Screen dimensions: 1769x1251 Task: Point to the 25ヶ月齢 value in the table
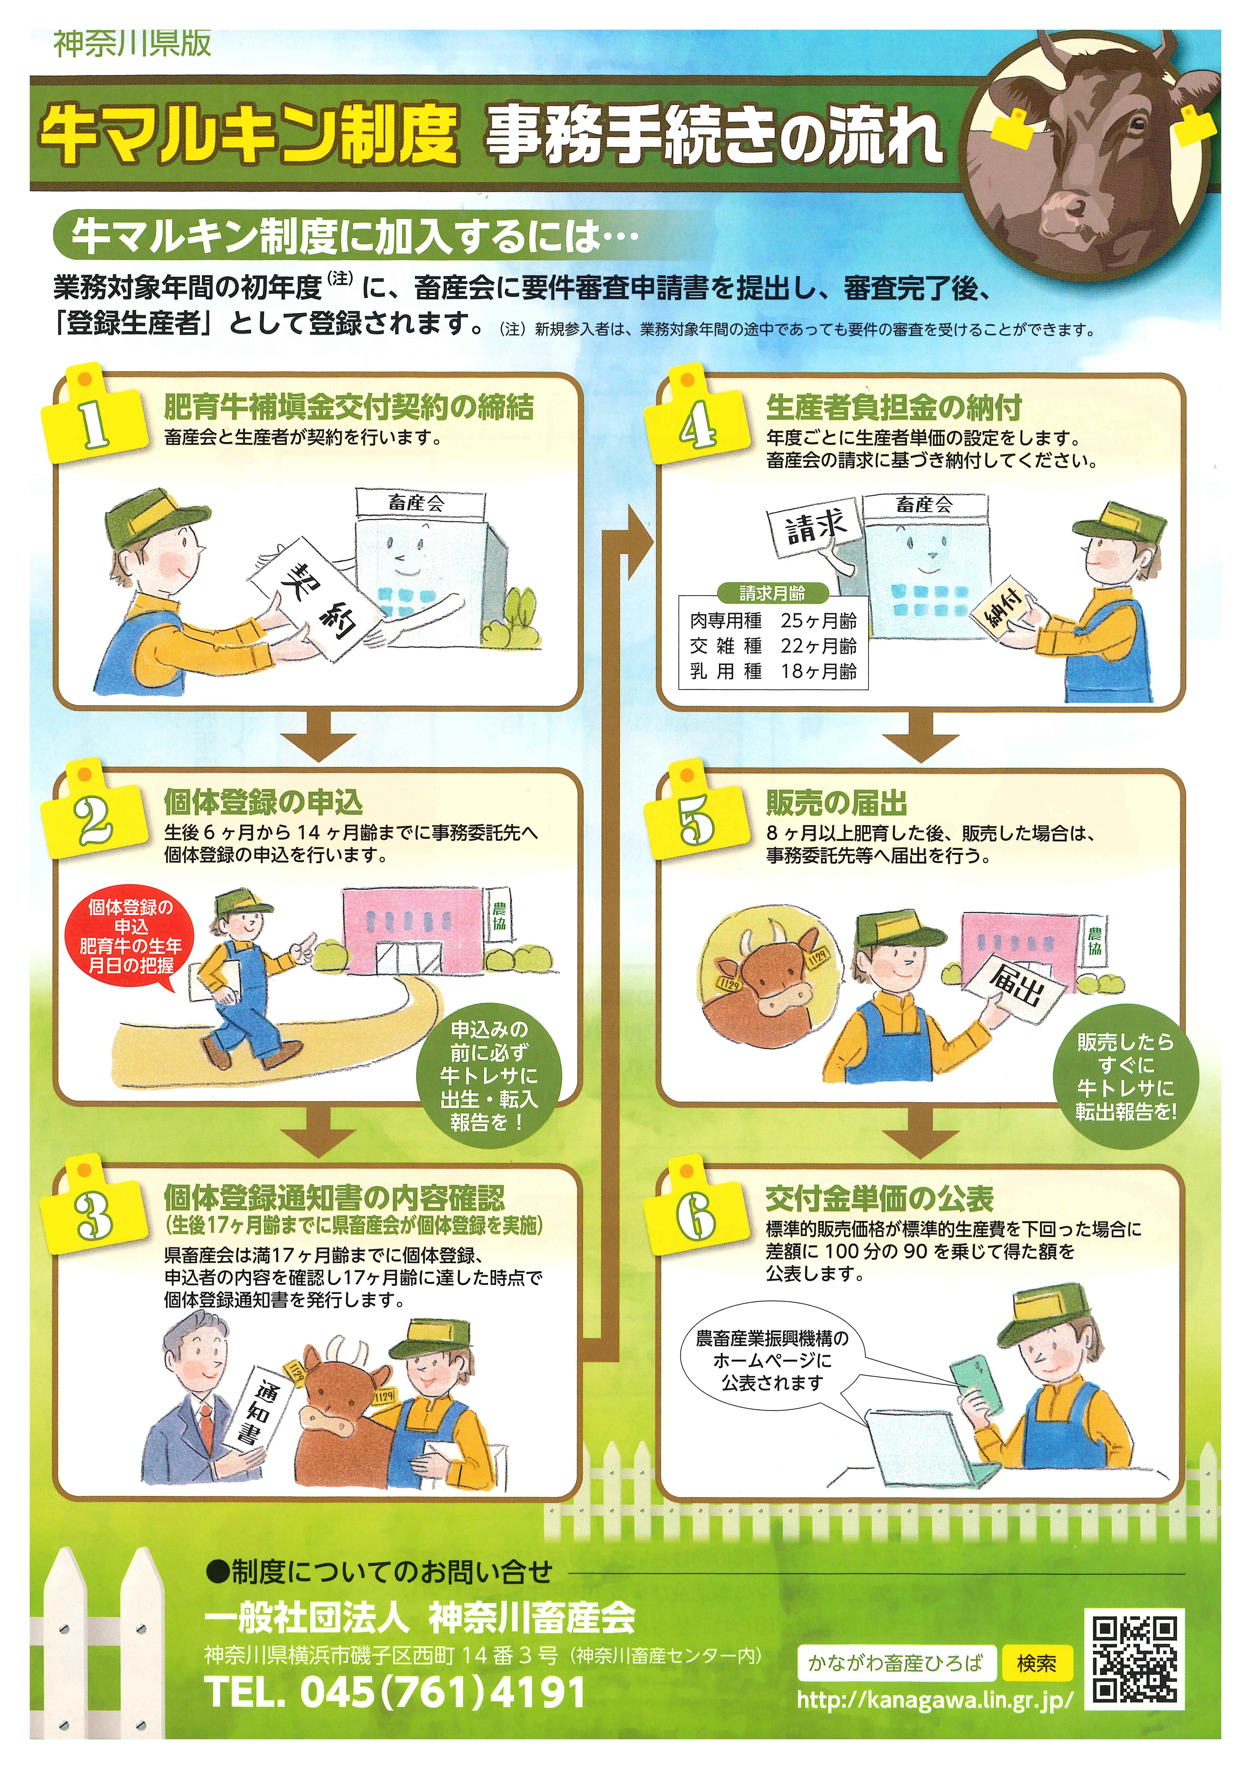(x=818, y=620)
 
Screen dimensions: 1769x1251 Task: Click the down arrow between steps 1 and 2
(x=317, y=736)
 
